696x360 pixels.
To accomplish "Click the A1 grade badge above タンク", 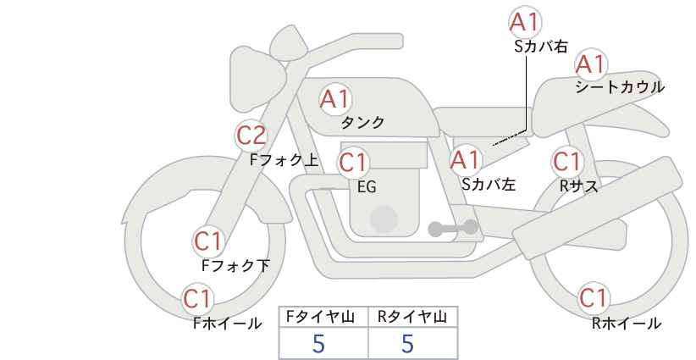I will point(334,99).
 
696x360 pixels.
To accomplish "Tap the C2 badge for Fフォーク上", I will point(251,135).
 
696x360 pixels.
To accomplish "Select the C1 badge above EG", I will point(354,162).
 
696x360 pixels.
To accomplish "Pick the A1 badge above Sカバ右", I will point(525,22).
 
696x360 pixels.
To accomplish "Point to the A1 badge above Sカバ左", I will point(465,158).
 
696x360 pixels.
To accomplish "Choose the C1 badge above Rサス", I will point(567,161).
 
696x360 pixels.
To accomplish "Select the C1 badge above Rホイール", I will point(594,298).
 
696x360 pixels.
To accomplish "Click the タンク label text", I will point(362,123).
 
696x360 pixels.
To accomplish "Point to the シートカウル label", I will point(619,87).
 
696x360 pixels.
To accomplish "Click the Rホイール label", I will point(627,323).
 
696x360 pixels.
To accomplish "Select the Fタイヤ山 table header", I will point(323,317).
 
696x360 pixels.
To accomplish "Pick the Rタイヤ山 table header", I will point(412,317).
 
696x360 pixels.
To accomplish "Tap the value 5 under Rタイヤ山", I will point(408,344).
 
